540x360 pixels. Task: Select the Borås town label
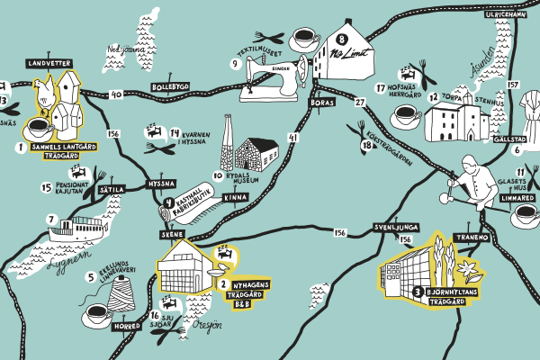pyautogui.click(x=321, y=103)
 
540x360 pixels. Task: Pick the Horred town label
pyautogui.click(x=127, y=328)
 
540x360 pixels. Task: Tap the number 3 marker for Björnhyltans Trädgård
pyautogui.click(x=418, y=292)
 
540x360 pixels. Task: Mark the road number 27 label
pyautogui.click(x=361, y=103)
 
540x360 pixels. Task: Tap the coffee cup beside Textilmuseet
pyautogui.click(x=303, y=38)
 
